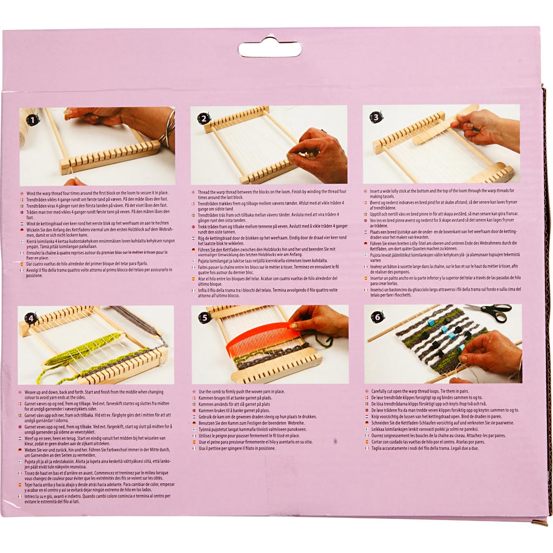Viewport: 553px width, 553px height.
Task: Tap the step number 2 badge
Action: pos(204,119)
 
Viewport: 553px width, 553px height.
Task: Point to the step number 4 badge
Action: pos(31,318)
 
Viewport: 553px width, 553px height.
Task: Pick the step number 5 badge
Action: pos(204,318)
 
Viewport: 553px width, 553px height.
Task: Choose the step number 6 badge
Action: pos(377,317)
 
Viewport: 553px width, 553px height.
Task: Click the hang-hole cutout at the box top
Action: pos(270,49)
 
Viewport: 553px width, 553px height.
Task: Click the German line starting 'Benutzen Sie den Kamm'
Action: pos(252,423)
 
